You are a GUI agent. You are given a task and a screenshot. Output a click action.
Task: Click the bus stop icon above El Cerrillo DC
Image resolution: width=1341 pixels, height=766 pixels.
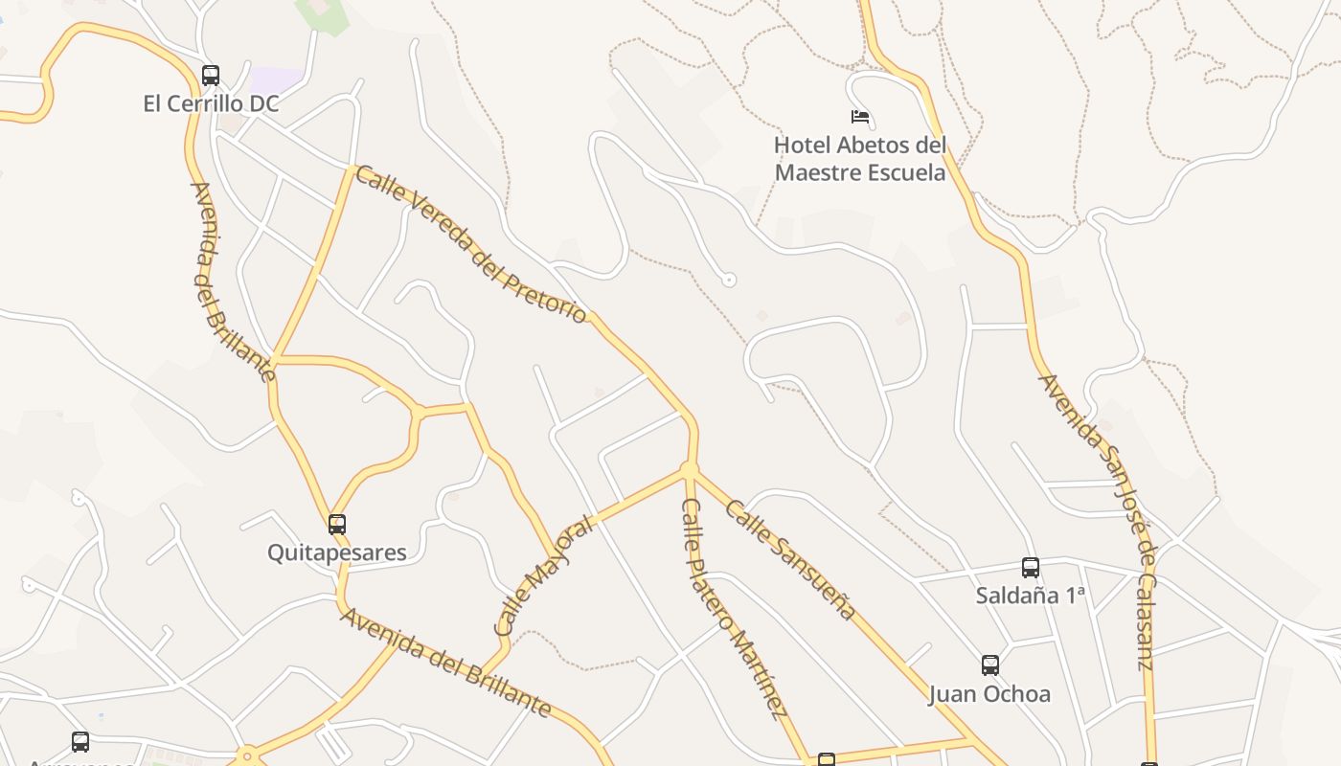tap(211, 75)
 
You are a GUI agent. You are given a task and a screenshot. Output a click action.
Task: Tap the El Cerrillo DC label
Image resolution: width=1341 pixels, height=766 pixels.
tap(211, 103)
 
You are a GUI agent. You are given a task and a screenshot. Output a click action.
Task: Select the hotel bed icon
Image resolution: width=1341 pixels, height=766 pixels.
tap(860, 117)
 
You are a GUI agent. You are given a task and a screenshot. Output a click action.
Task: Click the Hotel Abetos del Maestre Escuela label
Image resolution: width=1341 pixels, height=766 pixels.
tap(860, 159)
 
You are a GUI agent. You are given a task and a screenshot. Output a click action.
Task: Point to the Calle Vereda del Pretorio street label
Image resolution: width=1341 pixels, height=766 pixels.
tap(470, 244)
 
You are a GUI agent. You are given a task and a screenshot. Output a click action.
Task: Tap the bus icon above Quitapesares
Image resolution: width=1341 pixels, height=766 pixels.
tap(337, 524)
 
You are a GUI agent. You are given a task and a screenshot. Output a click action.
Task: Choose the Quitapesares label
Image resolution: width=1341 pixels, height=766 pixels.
tap(337, 552)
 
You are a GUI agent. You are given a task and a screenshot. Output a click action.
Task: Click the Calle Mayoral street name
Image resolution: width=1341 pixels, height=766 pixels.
tap(543, 577)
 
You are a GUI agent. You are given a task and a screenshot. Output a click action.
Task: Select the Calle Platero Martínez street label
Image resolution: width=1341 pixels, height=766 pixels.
tap(734, 608)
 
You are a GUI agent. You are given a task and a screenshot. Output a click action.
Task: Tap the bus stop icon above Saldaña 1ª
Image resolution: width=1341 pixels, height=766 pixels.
tap(1031, 567)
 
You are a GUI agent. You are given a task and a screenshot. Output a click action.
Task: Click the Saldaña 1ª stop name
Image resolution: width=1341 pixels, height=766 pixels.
tap(1031, 596)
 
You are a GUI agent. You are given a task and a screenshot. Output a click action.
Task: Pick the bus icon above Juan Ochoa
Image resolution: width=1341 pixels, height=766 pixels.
tap(990, 665)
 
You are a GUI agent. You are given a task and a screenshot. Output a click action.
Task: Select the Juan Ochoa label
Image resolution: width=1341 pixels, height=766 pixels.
tap(990, 693)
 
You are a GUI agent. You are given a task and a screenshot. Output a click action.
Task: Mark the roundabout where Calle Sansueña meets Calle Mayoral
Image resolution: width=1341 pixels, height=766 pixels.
tap(689, 469)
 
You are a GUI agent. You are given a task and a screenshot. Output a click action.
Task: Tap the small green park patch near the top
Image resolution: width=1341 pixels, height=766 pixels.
tap(323, 14)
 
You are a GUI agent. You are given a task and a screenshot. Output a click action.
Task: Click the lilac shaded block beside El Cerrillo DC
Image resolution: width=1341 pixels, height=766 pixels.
tap(275, 80)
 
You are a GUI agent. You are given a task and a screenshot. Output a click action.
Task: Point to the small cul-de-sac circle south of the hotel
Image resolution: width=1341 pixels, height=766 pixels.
tap(729, 281)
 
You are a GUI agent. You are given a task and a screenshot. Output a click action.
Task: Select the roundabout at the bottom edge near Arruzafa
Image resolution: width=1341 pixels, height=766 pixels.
tap(247, 757)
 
